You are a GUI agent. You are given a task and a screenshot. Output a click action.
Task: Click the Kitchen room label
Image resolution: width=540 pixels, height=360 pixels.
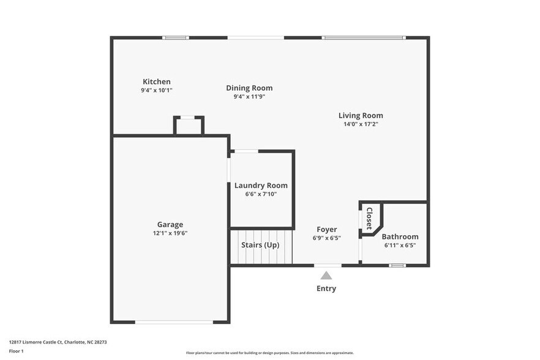[x=157, y=81]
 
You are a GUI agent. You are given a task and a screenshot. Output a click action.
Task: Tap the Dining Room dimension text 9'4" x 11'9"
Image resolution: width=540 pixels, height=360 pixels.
[x=249, y=97]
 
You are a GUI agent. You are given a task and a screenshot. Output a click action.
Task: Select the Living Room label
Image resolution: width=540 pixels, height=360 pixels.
[x=361, y=115]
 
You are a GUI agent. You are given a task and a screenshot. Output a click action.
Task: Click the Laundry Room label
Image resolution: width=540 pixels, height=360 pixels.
[x=261, y=186]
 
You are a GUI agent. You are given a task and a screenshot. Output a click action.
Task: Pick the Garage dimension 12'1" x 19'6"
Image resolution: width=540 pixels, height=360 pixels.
[x=170, y=233]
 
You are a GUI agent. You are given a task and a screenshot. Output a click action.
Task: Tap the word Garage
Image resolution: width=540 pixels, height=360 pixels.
[x=170, y=225]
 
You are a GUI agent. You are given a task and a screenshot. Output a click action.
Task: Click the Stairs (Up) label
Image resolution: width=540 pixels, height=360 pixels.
[x=260, y=245]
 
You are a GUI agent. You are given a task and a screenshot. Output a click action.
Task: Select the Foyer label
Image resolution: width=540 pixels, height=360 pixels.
[x=326, y=230]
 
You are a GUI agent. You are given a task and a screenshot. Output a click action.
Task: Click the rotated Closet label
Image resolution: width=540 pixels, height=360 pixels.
[x=369, y=219]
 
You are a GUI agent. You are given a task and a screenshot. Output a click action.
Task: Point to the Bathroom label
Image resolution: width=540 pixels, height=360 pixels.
[x=400, y=237]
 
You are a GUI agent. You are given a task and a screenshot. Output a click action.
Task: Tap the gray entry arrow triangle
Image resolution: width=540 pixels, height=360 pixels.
[x=326, y=276]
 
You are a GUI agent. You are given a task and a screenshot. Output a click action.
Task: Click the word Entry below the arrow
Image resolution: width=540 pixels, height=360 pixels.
[x=326, y=288]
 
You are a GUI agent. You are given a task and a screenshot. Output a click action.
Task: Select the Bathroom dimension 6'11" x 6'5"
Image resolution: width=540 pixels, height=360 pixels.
[x=400, y=246]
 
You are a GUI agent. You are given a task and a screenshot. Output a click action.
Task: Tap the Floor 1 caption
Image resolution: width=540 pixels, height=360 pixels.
[x=17, y=351]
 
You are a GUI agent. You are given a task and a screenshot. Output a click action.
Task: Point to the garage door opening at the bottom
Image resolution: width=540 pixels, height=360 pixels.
[x=174, y=322]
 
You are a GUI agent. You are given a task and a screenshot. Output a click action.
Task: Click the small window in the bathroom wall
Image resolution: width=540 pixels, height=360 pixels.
[x=397, y=265]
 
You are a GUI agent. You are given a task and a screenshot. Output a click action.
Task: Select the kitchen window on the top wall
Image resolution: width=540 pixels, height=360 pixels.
[x=176, y=38]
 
